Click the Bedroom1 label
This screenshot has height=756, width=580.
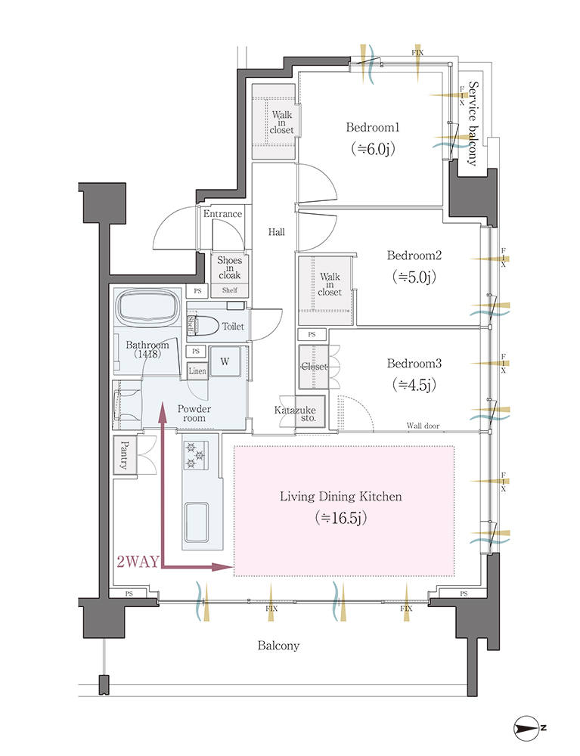(373, 127)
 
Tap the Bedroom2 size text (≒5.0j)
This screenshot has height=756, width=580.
(414, 277)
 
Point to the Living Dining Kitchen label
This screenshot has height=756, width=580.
(341, 497)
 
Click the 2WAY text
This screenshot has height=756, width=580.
(138, 561)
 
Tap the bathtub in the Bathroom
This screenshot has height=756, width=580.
(147, 307)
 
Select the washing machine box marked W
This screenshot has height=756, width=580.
(225, 361)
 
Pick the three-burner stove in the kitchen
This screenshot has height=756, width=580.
(196, 455)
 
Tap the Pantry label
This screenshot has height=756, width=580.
(124, 454)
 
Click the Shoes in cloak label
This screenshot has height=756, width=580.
(229, 268)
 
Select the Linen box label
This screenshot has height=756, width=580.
(197, 371)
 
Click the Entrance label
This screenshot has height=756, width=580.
(222, 214)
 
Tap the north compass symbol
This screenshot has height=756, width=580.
(527, 728)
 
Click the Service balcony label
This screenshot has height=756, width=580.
(473, 123)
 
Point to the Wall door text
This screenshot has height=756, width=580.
(423, 426)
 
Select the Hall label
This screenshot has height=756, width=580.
(276, 232)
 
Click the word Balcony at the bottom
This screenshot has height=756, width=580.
(278, 646)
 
